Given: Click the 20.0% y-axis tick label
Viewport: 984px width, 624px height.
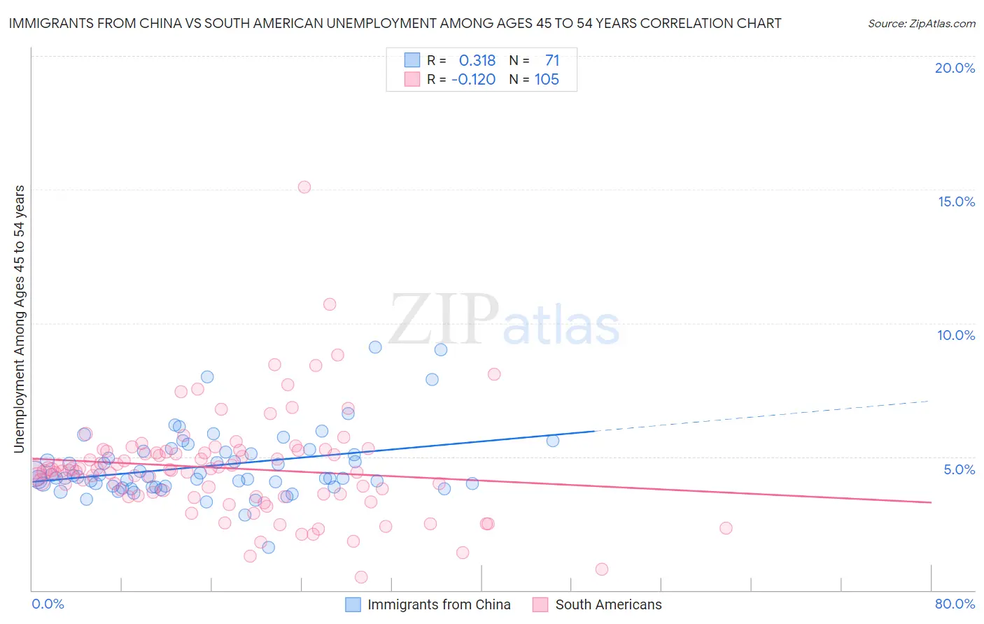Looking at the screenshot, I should click(x=955, y=68).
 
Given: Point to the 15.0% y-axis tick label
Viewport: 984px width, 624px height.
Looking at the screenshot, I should click(x=956, y=201).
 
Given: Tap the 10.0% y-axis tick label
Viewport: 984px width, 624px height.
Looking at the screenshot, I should click(x=956, y=335).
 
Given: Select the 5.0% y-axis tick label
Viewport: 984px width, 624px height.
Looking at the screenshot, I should click(x=959, y=469).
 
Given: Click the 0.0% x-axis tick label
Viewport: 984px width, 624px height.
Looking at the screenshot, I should click(x=48, y=604).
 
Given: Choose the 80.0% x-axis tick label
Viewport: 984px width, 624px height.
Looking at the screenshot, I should click(x=955, y=604).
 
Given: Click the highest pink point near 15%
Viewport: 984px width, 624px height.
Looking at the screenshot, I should click(x=304, y=187).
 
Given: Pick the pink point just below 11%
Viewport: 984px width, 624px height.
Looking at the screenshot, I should click(x=330, y=304).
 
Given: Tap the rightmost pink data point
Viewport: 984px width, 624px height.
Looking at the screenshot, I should click(x=726, y=528).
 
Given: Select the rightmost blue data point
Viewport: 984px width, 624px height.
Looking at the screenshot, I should click(x=553, y=441).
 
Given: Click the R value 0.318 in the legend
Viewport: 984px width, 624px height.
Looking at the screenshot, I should click(x=477, y=61).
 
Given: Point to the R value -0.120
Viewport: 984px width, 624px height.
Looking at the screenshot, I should click(x=474, y=80).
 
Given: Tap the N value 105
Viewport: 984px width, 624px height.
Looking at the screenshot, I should click(x=547, y=80).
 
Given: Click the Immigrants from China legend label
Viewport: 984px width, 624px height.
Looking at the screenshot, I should click(x=439, y=605).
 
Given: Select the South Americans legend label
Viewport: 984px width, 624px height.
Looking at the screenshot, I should click(x=608, y=605).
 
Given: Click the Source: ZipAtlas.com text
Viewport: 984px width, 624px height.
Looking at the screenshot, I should click(x=921, y=24).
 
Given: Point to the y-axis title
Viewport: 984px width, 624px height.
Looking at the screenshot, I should click(x=20, y=319).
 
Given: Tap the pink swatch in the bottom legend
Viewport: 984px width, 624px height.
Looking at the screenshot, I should click(x=540, y=605).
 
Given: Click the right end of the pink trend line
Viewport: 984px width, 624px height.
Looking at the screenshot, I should click(x=931, y=502).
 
